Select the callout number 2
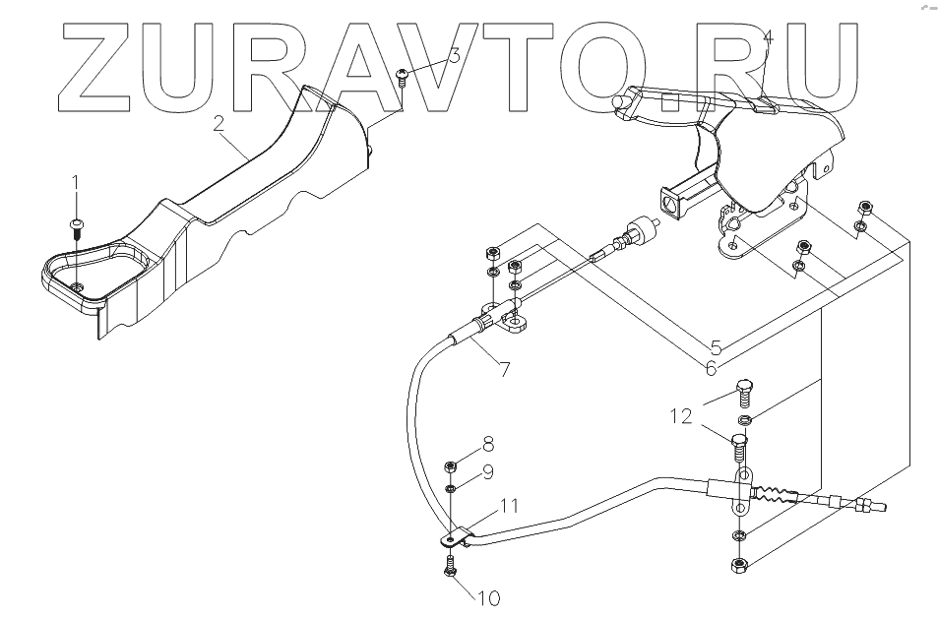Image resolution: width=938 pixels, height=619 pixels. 219,124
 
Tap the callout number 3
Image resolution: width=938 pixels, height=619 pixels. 454,56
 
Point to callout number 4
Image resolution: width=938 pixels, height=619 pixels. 768,37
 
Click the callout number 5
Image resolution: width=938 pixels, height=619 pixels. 716,347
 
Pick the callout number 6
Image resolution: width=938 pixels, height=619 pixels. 710,367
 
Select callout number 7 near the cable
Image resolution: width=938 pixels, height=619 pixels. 504,370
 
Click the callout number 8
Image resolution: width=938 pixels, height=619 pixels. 486,444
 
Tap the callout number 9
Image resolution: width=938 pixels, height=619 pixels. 486,472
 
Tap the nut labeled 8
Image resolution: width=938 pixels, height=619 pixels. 451,465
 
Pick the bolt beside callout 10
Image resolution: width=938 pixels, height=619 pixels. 450,568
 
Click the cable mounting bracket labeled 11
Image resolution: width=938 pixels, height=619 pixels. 454,539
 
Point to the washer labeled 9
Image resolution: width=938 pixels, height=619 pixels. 451,488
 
